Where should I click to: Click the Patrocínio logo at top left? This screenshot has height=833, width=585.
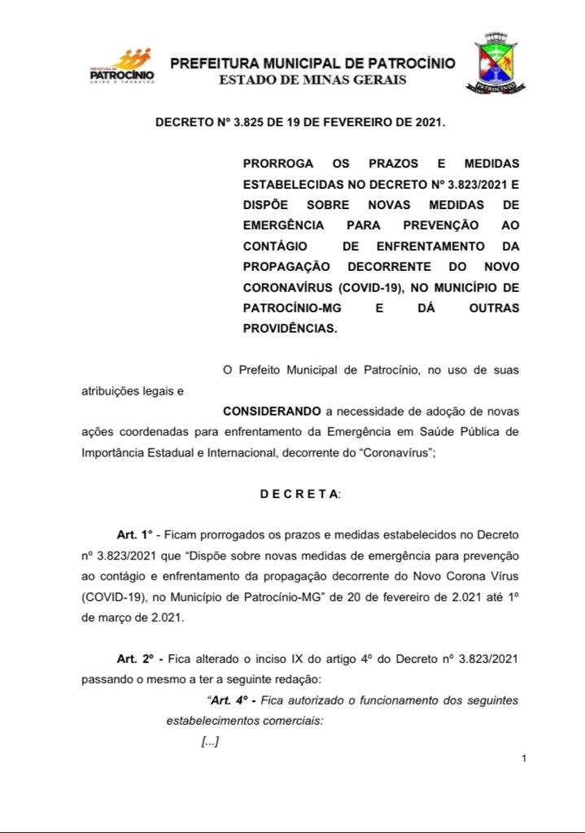tap(121, 67)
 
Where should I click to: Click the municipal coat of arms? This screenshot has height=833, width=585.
tap(496, 62)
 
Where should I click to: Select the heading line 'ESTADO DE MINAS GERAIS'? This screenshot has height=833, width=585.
tap(312, 80)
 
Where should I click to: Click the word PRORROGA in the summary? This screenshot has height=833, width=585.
tap(278, 164)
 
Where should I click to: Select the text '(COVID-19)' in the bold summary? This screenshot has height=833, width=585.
tap(371, 288)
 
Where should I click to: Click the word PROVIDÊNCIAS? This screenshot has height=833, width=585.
tap(289, 329)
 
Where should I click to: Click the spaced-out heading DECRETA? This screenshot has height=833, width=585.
tap(300, 494)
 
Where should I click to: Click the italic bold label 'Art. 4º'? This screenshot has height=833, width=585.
tap(235, 700)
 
